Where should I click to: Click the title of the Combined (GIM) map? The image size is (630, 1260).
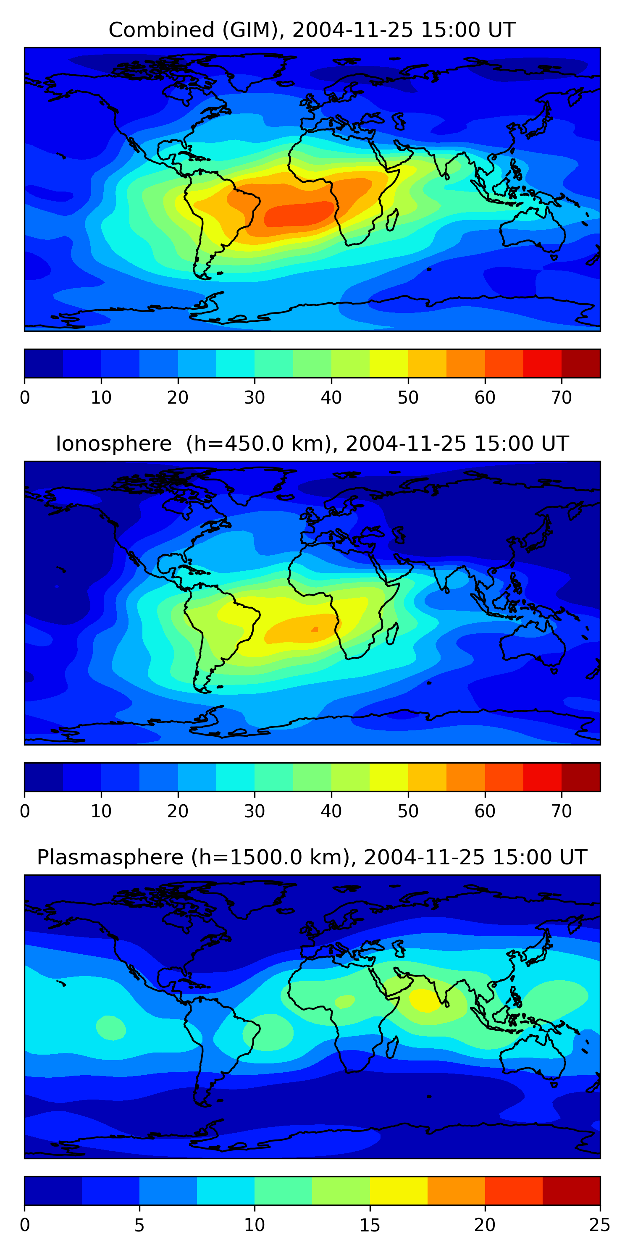(312, 30)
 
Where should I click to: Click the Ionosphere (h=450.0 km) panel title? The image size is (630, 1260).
(312, 444)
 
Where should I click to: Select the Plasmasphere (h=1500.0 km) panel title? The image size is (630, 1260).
(312, 858)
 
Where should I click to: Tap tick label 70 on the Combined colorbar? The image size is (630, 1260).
(562, 398)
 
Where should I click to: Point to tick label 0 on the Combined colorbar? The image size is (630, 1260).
(25, 398)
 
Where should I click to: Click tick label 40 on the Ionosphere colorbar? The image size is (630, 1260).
(331, 811)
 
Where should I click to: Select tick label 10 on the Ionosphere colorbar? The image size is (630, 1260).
(101, 811)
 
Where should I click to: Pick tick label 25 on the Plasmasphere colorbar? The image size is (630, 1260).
(600, 1225)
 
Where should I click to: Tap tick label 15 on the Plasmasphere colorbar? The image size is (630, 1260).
(370, 1225)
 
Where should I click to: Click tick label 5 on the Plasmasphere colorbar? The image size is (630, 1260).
(139, 1225)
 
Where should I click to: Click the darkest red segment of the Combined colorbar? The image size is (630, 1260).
(580, 363)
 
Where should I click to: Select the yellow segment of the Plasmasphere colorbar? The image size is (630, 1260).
(399, 1191)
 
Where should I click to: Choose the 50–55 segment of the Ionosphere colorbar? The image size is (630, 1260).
(427, 777)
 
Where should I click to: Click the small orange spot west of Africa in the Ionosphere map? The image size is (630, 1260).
(315, 629)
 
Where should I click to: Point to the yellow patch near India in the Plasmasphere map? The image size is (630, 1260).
(425, 1000)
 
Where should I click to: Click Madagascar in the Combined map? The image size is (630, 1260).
(392, 220)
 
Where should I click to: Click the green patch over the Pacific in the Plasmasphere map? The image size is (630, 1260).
(111, 1027)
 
